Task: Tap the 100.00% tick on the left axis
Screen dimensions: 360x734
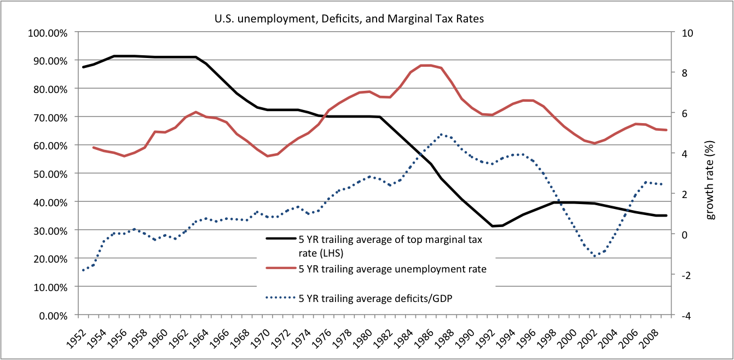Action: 50,32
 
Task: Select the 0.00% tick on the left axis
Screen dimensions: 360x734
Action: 54,316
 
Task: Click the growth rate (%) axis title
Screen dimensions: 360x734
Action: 710,174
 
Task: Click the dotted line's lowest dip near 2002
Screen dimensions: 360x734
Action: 595,256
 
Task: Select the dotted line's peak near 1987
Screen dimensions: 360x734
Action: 441,134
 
